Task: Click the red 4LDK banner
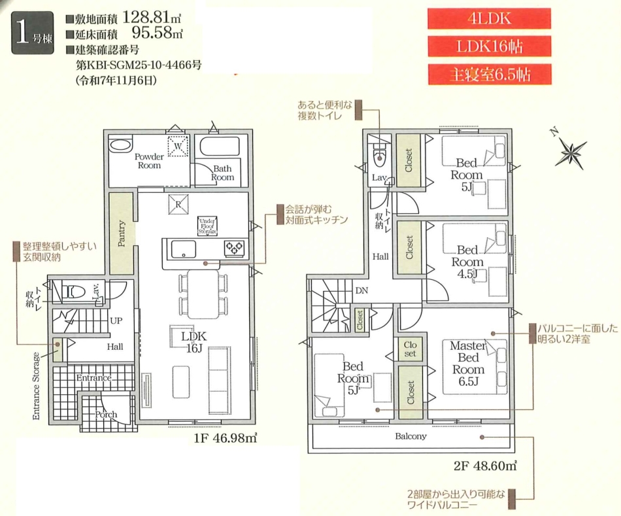(x=489, y=18)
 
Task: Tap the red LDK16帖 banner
(x=489, y=47)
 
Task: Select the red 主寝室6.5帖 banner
(x=490, y=75)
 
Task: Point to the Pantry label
(x=122, y=234)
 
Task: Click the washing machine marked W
(x=178, y=146)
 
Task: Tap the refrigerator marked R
(x=178, y=205)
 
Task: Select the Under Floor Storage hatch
(x=207, y=226)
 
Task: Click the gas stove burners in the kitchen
(x=235, y=248)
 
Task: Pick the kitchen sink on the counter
(x=184, y=249)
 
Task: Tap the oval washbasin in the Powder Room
(x=120, y=145)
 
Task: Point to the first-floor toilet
(x=74, y=292)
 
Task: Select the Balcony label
(x=411, y=436)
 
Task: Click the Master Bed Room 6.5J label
(x=468, y=363)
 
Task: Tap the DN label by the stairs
(x=361, y=290)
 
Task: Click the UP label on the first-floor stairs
(x=116, y=320)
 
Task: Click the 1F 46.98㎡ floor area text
(x=226, y=438)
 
